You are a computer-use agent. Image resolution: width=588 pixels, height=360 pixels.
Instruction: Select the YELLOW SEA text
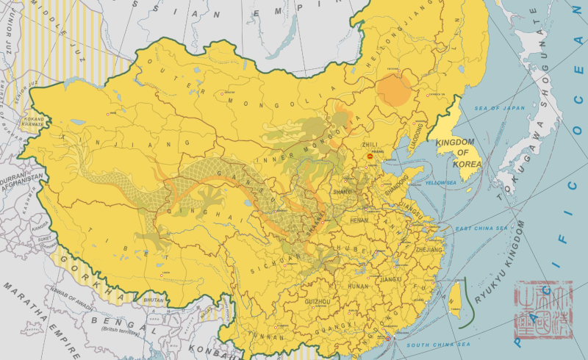441,182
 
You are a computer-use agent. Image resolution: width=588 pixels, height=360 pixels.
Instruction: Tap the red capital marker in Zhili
371,156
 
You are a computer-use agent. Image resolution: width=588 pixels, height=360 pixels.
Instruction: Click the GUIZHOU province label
317,301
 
